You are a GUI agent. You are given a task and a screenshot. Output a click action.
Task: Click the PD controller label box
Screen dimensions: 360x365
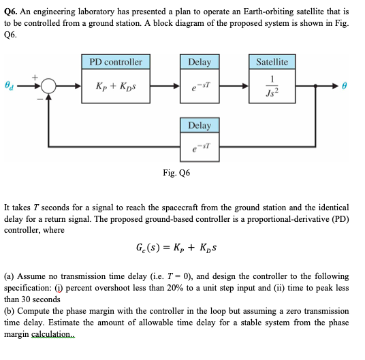(x=116, y=62)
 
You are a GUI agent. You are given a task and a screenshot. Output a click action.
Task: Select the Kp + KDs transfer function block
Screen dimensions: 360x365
(x=116, y=86)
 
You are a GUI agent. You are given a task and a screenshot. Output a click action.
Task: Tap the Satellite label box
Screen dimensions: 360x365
(x=272, y=62)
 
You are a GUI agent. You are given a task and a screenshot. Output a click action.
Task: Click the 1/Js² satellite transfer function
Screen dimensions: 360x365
(x=272, y=86)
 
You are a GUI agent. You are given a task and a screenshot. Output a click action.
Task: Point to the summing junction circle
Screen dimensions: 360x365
(x=48, y=87)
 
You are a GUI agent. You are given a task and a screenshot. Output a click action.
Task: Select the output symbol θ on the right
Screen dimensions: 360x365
(x=345, y=87)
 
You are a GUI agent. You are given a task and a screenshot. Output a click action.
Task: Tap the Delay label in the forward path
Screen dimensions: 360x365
(x=199, y=62)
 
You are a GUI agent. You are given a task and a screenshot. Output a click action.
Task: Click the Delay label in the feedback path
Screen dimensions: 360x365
(x=199, y=125)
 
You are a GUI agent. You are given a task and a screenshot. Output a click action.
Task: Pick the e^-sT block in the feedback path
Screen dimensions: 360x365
(x=199, y=147)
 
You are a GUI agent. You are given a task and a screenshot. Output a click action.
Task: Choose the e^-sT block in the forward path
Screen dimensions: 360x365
(x=199, y=86)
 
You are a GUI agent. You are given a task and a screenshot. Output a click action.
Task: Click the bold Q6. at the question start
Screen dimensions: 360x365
(x=12, y=12)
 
